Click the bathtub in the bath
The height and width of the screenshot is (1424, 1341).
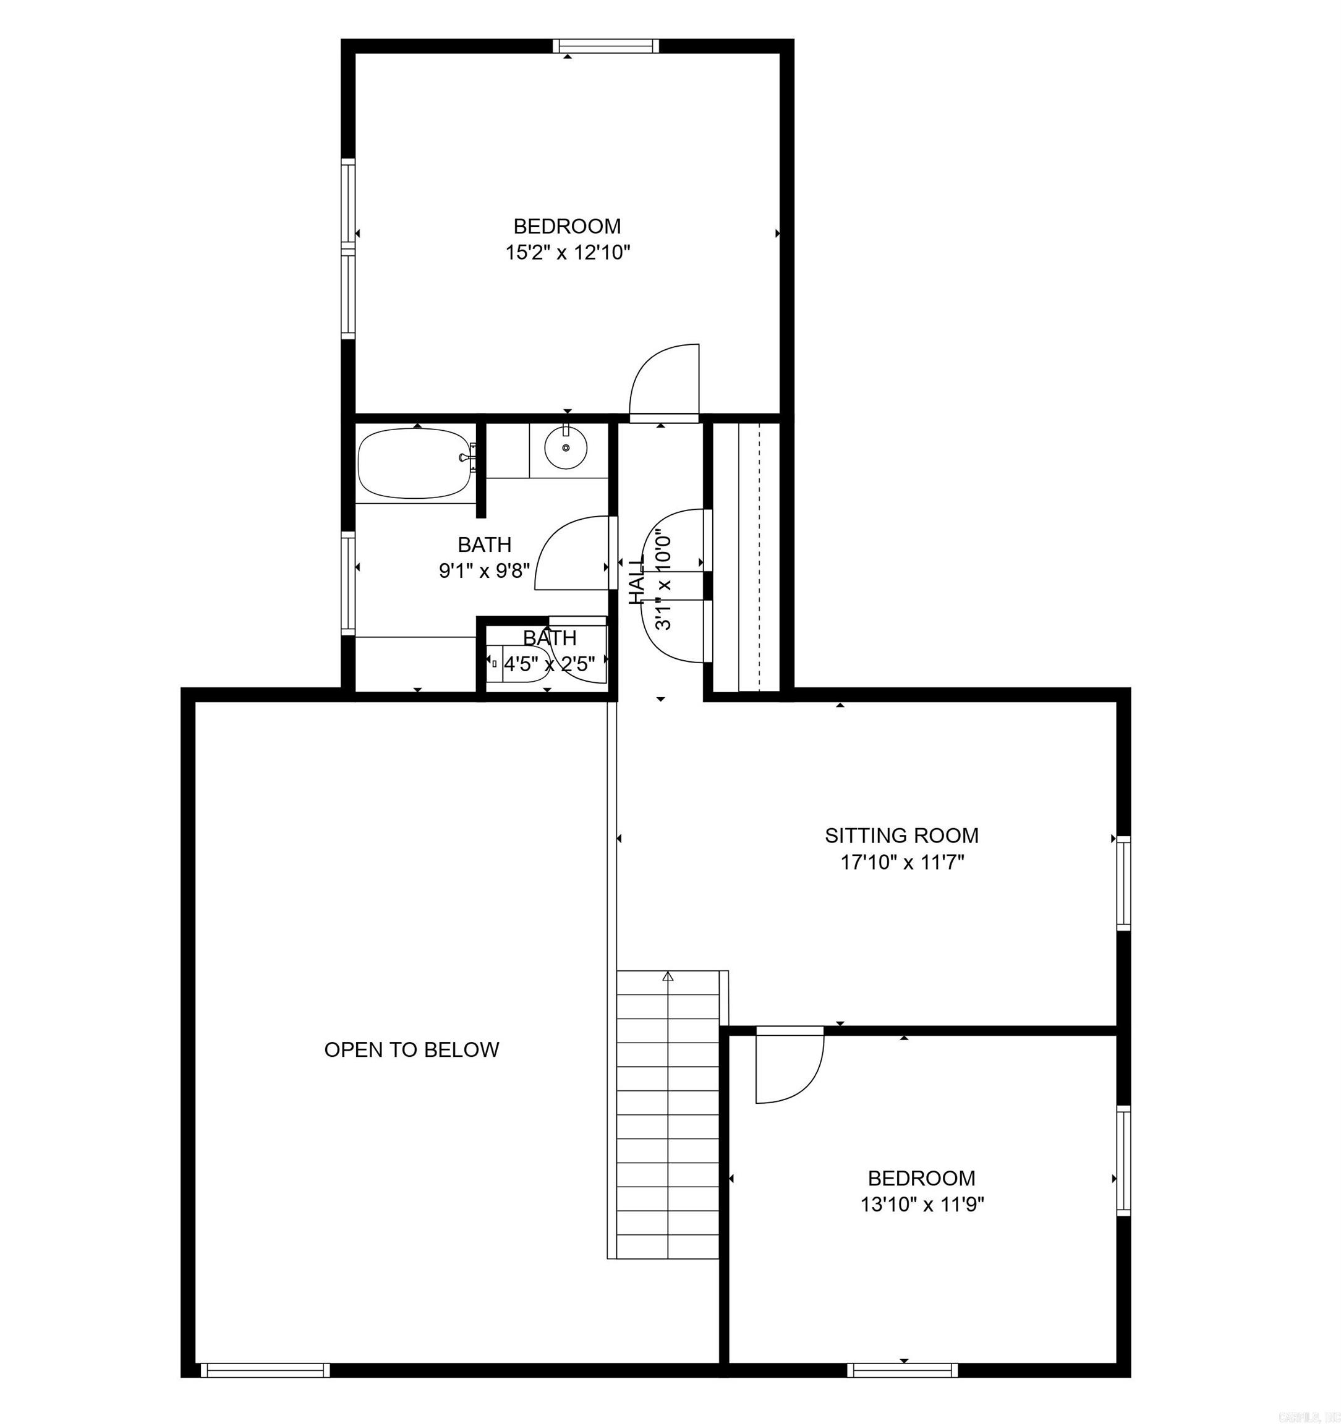pos(414,464)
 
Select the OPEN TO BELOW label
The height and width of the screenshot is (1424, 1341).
pos(411,1050)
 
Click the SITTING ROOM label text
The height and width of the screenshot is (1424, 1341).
pos(901,835)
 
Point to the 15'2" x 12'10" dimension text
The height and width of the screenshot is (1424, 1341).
pos(568,253)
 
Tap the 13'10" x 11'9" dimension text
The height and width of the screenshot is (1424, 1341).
pos(922,1205)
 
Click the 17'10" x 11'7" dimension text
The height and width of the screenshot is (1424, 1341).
pos(902,862)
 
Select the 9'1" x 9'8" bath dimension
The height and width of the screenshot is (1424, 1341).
pos(484,571)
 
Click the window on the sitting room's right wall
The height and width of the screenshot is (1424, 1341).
pos(1123,884)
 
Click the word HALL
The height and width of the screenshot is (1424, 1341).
pos(636,580)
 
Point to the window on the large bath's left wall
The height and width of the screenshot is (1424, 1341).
pos(348,582)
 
